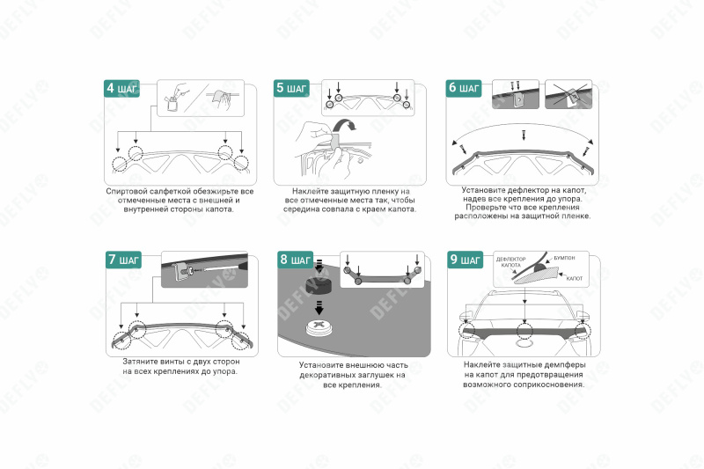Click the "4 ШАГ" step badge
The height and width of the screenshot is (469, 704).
click(x=121, y=88)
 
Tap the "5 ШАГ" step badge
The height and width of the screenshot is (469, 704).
click(x=291, y=88)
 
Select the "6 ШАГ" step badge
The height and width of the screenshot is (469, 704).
click(x=464, y=88)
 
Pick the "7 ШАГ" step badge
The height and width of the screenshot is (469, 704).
click(x=123, y=260)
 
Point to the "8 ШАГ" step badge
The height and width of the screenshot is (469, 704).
click(x=295, y=260)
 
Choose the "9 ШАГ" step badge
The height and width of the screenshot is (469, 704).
click(x=466, y=260)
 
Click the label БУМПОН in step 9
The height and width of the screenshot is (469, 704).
click(x=564, y=258)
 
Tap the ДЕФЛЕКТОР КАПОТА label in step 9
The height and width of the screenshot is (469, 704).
click(x=510, y=262)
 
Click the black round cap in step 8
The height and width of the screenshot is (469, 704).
click(x=319, y=285)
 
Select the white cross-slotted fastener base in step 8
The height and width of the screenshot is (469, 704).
click(x=319, y=327)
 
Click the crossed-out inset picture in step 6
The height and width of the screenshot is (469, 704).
click(x=568, y=95)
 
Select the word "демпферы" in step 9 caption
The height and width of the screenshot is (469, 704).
click(x=565, y=365)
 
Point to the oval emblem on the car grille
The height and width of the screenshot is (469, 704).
click(x=523, y=345)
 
